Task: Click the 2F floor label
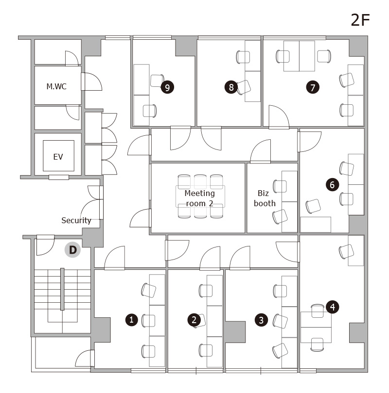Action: click(x=360, y=20)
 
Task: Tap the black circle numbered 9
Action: click(x=167, y=87)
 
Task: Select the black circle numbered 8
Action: click(x=231, y=87)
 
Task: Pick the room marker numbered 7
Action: click(x=313, y=87)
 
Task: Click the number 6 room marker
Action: click(x=332, y=185)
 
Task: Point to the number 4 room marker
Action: click(x=333, y=307)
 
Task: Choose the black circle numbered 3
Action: click(x=261, y=320)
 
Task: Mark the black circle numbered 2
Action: click(x=194, y=320)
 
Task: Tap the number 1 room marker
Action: click(x=132, y=320)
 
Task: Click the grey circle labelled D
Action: click(x=72, y=250)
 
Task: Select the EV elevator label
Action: click(x=58, y=157)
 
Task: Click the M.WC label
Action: click(x=56, y=86)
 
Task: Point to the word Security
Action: click(x=76, y=220)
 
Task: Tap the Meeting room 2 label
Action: click(x=200, y=198)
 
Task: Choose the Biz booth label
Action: click(x=265, y=198)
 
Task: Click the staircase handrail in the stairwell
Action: click(x=62, y=289)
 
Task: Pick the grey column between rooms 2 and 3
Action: click(x=235, y=332)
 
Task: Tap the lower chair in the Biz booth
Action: click(x=280, y=216)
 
